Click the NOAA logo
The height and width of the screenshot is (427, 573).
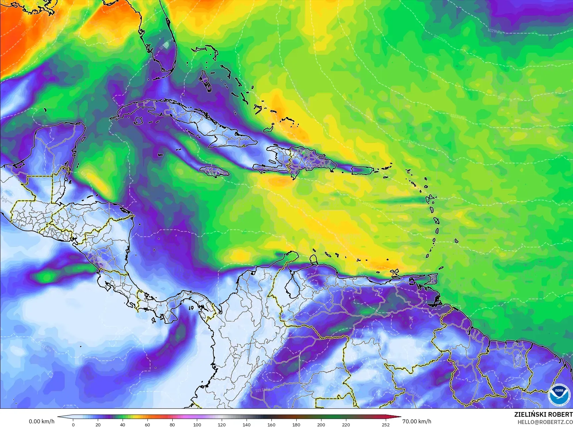tap(559, 394)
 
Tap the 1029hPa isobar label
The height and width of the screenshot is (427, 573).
tap(494, 31)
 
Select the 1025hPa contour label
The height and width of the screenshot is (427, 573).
tap(504, 98)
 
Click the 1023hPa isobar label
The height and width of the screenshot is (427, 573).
tap(457, 116)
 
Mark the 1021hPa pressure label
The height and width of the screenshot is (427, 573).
tap(409, 142)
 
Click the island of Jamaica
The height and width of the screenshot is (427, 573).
tap(215, 171)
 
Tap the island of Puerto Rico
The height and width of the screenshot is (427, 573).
tap(362, 170)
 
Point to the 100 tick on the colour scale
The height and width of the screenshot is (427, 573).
tap(197, 424)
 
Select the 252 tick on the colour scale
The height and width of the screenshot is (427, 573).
tap(385, 424)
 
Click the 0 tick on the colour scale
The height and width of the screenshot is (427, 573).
tap(73, 424)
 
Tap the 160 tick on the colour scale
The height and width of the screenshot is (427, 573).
tap(271, 424)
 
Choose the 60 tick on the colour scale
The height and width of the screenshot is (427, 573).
tap(147, 424)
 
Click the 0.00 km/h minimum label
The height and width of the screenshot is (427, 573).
tap(41, 421)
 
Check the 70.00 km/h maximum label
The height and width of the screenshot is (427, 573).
tap(417, 421)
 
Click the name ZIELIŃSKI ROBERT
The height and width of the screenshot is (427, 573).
tap(543, 414)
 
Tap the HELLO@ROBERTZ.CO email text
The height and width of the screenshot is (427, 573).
tap(545, 422)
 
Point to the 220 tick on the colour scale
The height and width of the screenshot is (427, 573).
tap(346, 424)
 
